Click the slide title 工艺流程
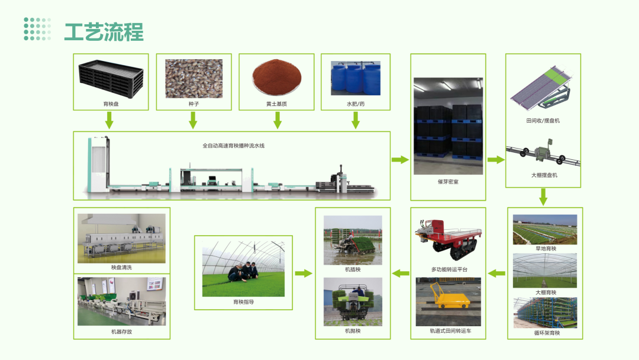[104, 32]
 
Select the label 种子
[192, 104]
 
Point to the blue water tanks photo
[355, 77]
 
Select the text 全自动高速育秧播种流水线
[233, 145]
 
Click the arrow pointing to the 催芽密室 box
[401, 159]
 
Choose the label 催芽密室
[448, 182]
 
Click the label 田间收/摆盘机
[543, 121]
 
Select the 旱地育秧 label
[545, 249]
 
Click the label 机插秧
[353, 269]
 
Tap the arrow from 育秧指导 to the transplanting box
[304, 273]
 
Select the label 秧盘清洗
[121, 268]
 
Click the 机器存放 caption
[121, 332]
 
